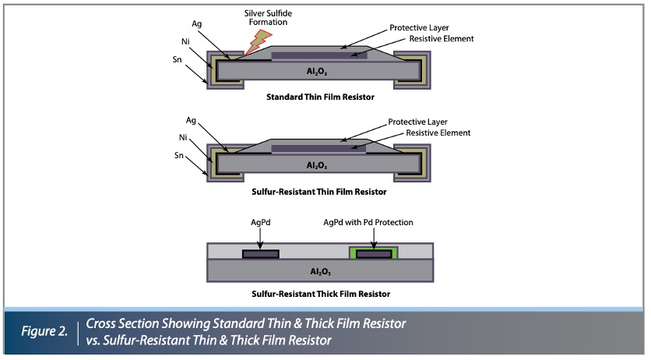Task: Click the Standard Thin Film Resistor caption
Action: pos(320,99)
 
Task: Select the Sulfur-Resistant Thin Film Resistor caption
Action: pos(320,191)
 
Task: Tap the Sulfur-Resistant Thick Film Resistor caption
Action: pos(320,293)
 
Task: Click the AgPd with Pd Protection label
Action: pos(368,222)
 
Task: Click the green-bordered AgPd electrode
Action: pos(375,252)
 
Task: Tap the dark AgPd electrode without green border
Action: pos(260,253)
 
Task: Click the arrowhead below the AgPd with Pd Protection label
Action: pos(375,245)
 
